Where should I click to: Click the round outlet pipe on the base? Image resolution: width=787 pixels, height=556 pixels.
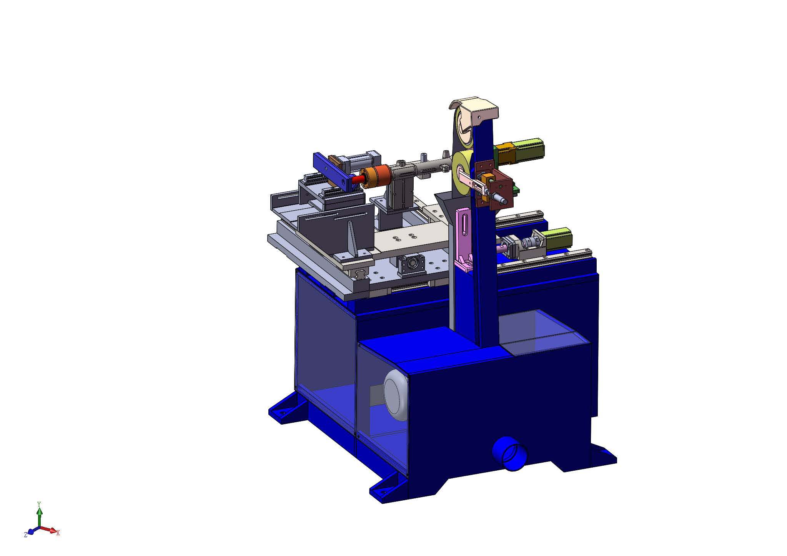[x=510, y=453]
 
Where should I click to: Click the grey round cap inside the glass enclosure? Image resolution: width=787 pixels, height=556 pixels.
[x=396, y=395]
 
